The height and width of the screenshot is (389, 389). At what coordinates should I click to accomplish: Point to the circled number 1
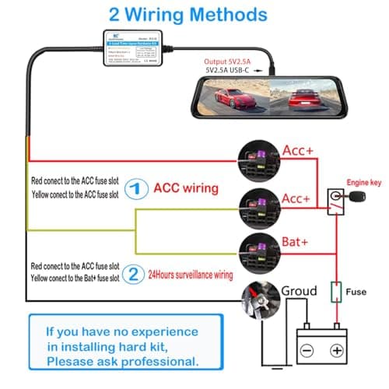(x=135, y=187)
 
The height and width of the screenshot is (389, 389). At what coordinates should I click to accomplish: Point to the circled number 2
(x=135, y=273)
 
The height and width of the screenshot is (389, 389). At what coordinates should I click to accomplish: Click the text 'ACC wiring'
(x=187, y=187)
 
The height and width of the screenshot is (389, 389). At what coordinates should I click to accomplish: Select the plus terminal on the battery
(x=338, y=350)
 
